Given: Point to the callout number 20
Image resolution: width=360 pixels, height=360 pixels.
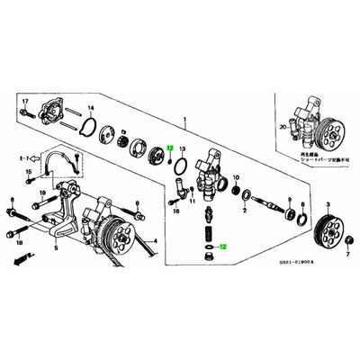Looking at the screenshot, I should (x=283, y=128).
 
